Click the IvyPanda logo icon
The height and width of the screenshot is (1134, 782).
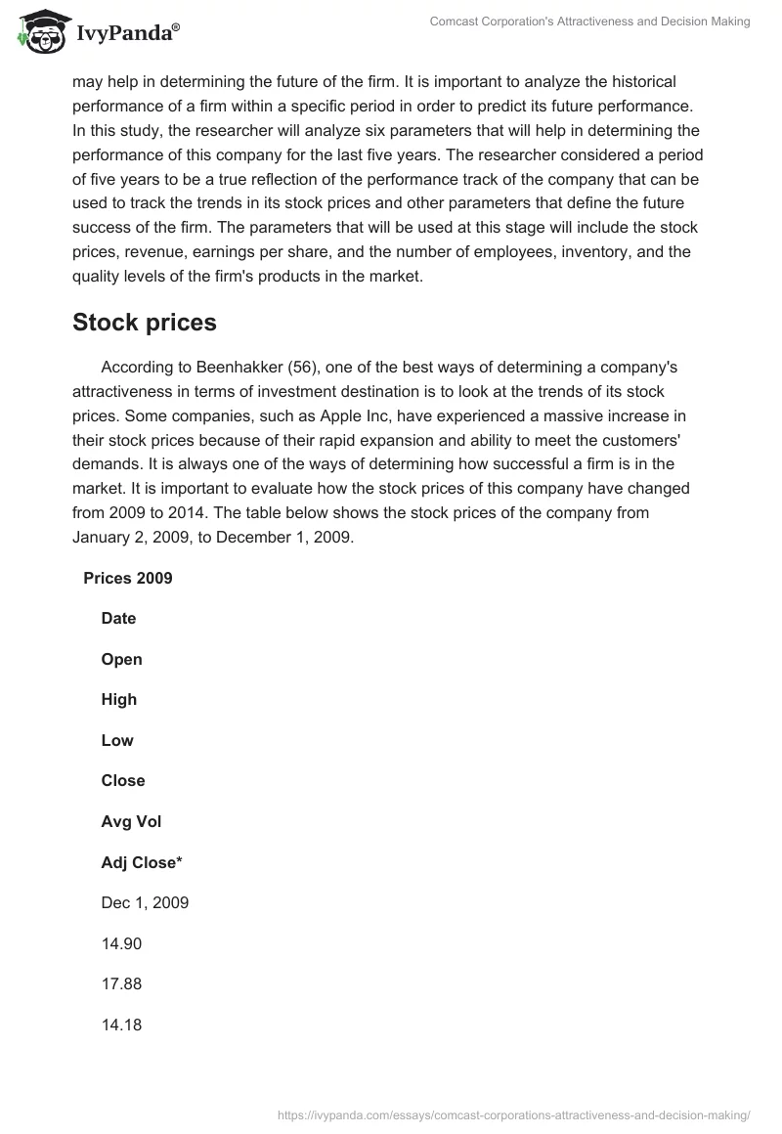(x=40, y=32)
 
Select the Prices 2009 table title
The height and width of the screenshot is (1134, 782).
(x=128, y=578)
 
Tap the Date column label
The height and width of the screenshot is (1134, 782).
(x=118, y=618)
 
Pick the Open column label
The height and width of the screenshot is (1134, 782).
(x=121, y=659)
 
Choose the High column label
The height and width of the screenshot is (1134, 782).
(x=118, y=699)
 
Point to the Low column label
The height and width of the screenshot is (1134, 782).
(x=117, y=740)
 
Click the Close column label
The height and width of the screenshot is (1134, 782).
(x=123, y=780)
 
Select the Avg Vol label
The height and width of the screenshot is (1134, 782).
(x=131, y=821)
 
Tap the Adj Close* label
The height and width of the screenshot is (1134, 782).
(x=142, y=862)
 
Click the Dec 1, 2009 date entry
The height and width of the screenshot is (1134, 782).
(x=145, y=902)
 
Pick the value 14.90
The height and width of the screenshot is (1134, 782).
(x=121, y=943)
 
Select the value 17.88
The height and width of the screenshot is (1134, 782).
(x=121, y=983)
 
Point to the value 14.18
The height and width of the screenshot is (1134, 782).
(x=121, y=1025)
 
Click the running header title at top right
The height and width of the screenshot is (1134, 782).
(x=589, y=22)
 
